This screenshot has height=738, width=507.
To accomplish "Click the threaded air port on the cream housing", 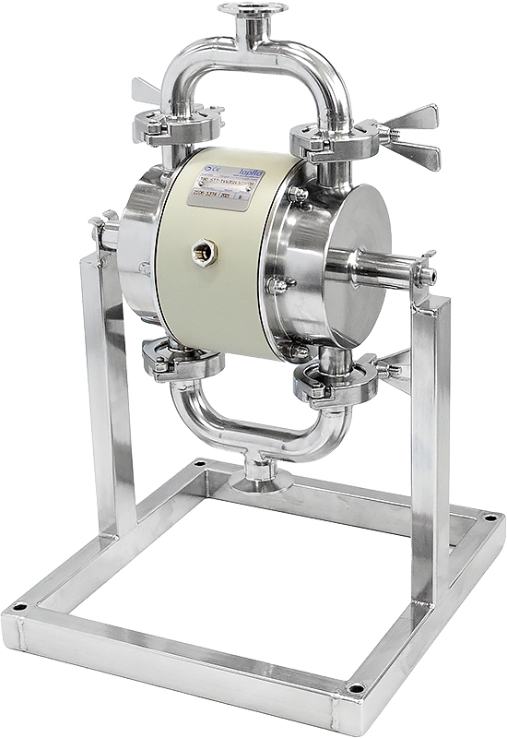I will pos(201,250).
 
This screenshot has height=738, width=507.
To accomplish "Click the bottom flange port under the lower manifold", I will pos(262,481).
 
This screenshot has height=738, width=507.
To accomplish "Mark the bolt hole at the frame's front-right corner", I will pos(356,688).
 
